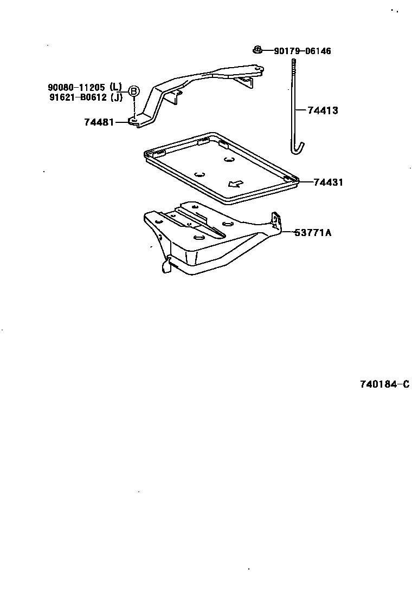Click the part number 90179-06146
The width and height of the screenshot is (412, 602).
(x=302, y=51)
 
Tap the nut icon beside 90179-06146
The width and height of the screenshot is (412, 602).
(x=258, y=50)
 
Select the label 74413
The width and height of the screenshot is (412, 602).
(x=323, y=110)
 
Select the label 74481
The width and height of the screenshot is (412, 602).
(x=99, y=122)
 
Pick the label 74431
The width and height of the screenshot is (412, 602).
(x=328, y=182)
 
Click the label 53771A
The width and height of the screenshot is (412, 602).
(x=313, y=233)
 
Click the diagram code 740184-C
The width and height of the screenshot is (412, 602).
(x=384, y=384)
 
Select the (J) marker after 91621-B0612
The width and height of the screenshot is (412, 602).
(x=115, y=97)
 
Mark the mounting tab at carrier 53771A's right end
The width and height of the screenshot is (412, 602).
(x=277, y=221)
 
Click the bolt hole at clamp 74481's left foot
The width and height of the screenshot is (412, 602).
(x=133, y=119)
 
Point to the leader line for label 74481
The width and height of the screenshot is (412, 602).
(x=121, y=122)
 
